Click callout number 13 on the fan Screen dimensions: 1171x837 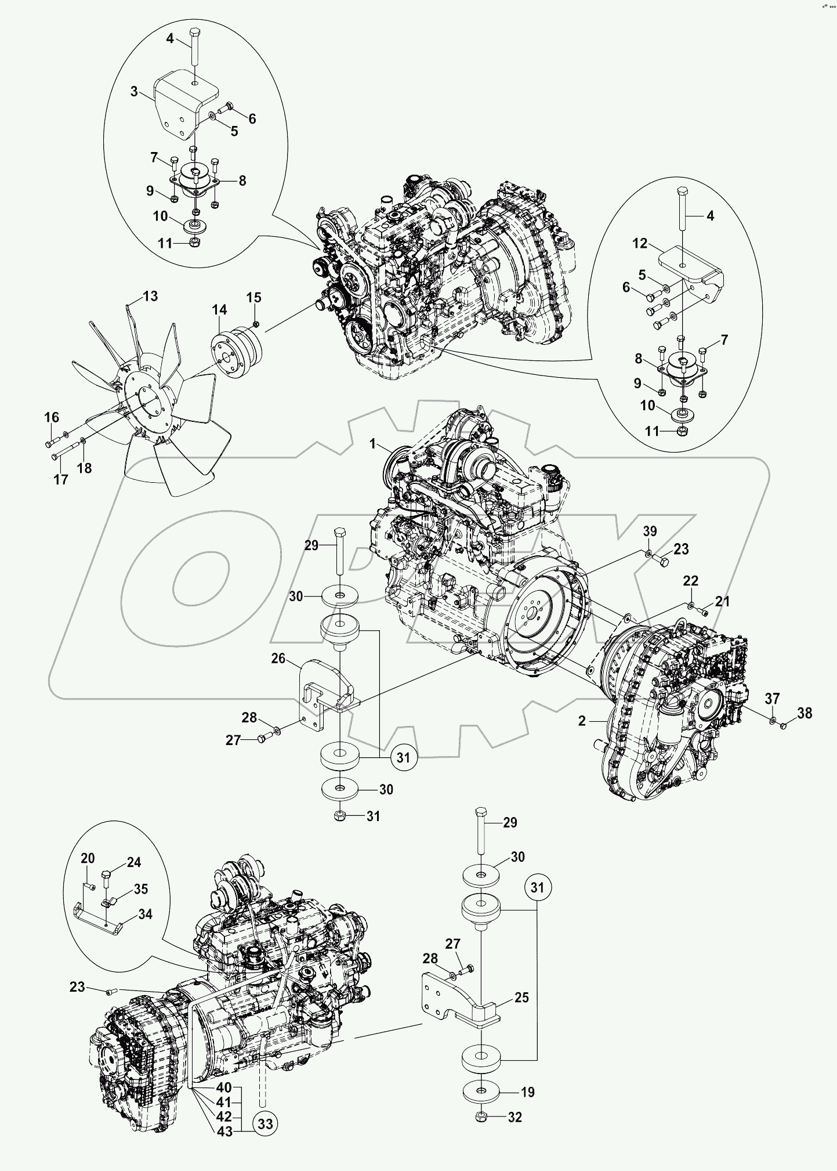[x=150, y=297]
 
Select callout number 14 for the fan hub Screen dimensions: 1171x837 [x=219, y=310]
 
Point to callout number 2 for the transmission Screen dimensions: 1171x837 [x=582, y=721]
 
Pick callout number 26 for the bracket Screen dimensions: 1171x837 [x=278, y=658]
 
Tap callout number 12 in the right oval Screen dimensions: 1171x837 [x=639, y=244]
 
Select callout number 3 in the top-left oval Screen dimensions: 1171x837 [x=134, y=92]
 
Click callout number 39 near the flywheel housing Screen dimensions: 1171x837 [x=650, y=532]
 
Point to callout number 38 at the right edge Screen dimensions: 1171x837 [x=805, y=713]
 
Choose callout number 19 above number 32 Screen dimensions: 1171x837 [x=527, y=1092]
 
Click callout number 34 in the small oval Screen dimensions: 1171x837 [x=145, y=915]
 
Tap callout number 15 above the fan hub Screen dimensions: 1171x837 [x=253, y=298]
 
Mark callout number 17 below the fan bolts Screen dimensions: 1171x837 [x=60, y=479]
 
